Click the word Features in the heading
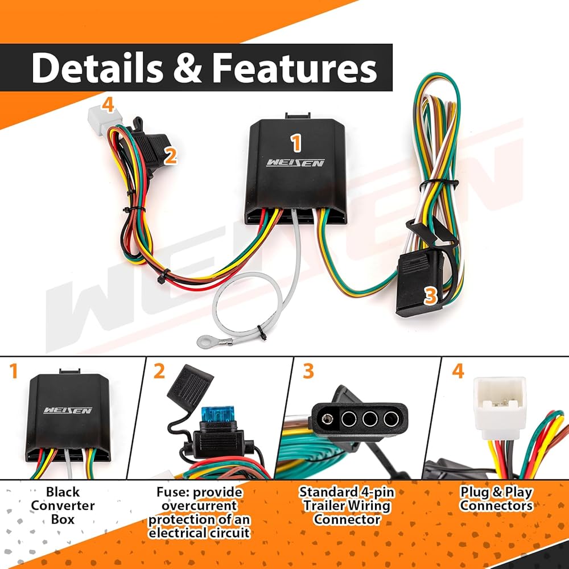click(x=295, y=68)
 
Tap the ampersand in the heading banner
click(x=188, y=68)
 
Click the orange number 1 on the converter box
click(x=296, y=143)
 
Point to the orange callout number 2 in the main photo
click(x=170, y=157)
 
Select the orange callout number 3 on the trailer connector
click(x=430, y=296)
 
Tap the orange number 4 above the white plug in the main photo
click(x=108, y=105)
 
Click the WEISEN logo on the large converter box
click(x=295, y=163)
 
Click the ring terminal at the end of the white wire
click(x=204, y=340)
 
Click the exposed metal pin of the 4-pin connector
click(x=326, y=419)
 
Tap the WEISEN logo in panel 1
click(x=68, y=410)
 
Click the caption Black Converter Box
click(x=63, y=505)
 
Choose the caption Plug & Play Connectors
click(x=496, y=498)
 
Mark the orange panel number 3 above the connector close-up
click(x=308, y=371)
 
